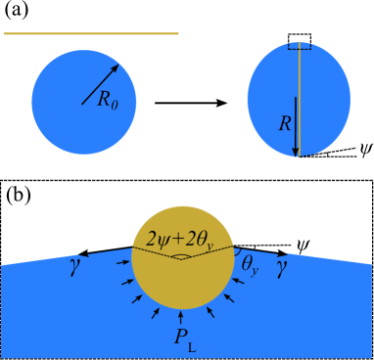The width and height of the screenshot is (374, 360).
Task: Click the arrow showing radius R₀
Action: click(x=101, y=84)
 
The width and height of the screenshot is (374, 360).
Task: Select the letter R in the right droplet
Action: click(x=284, y=124)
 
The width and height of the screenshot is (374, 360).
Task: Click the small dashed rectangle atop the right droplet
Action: click(x=300, y=46)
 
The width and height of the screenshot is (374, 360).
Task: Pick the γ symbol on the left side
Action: click(x=73, y=265)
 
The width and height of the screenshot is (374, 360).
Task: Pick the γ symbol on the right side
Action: click(x=281, y=265)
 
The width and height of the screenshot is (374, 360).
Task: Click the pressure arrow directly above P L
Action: click(x=181, y=317)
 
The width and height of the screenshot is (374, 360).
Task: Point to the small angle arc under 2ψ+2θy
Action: click(x=181, y=256)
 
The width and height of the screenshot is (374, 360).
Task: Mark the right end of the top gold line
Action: click(x=177, y=33)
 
